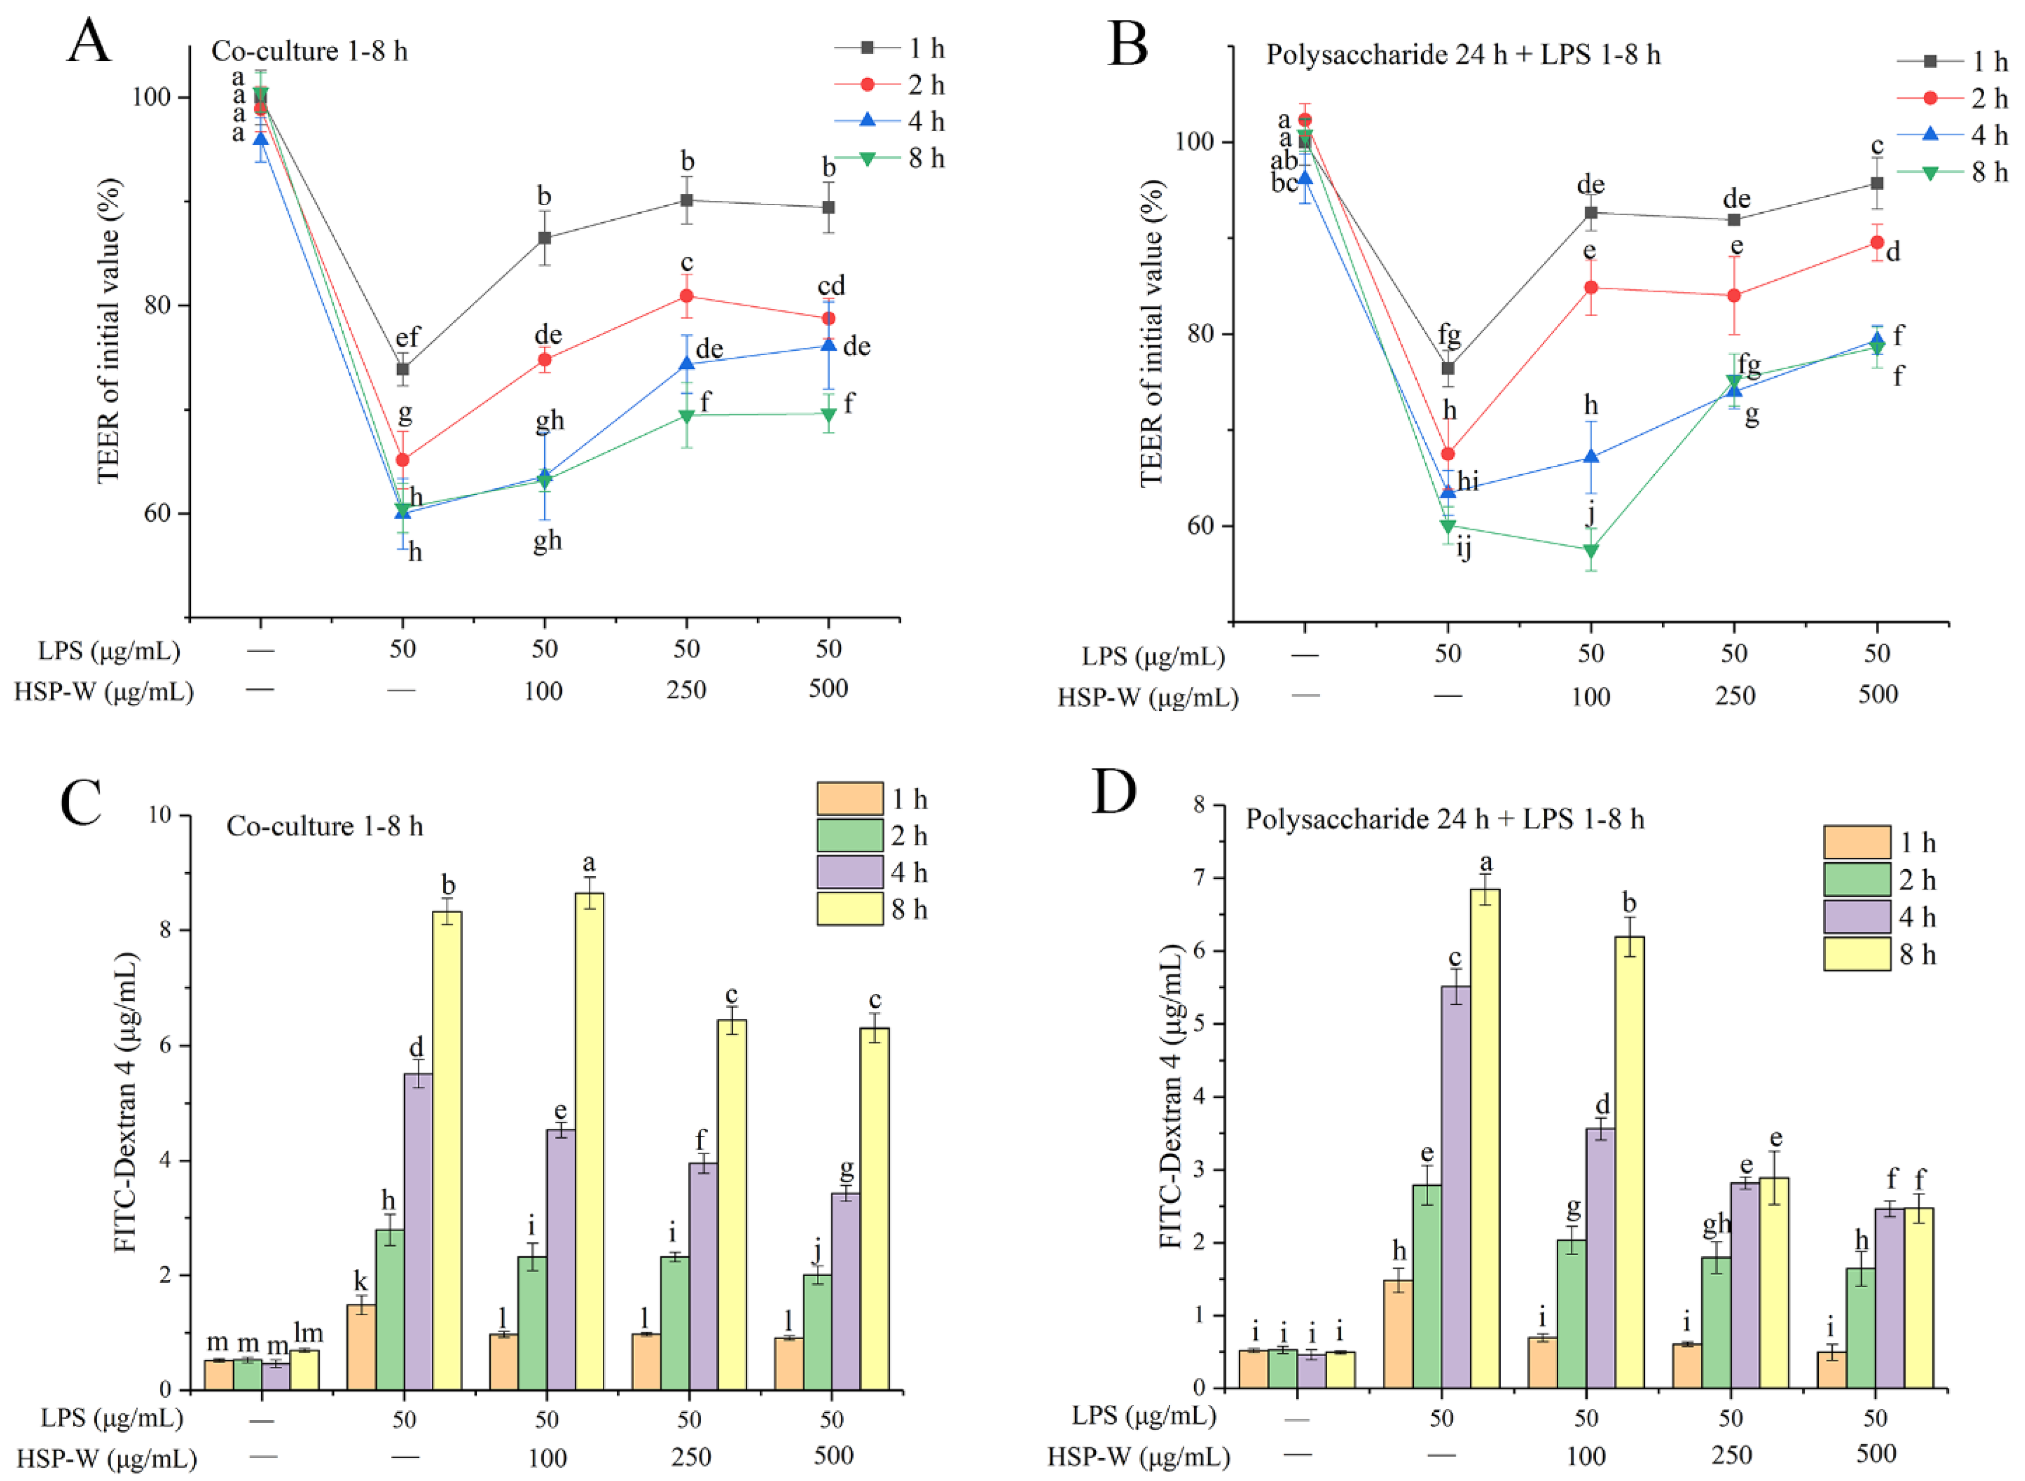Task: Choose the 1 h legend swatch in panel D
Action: click(1857, 843)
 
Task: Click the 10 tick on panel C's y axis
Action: click(161, 815)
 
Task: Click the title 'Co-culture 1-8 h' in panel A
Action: click(309, 51)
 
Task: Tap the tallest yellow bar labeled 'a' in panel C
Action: click(589, 1140)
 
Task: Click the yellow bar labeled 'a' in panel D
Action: click(1485, 1139)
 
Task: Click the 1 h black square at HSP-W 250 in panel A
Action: click(686, 200)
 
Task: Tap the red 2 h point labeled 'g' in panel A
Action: click(403, 460)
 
